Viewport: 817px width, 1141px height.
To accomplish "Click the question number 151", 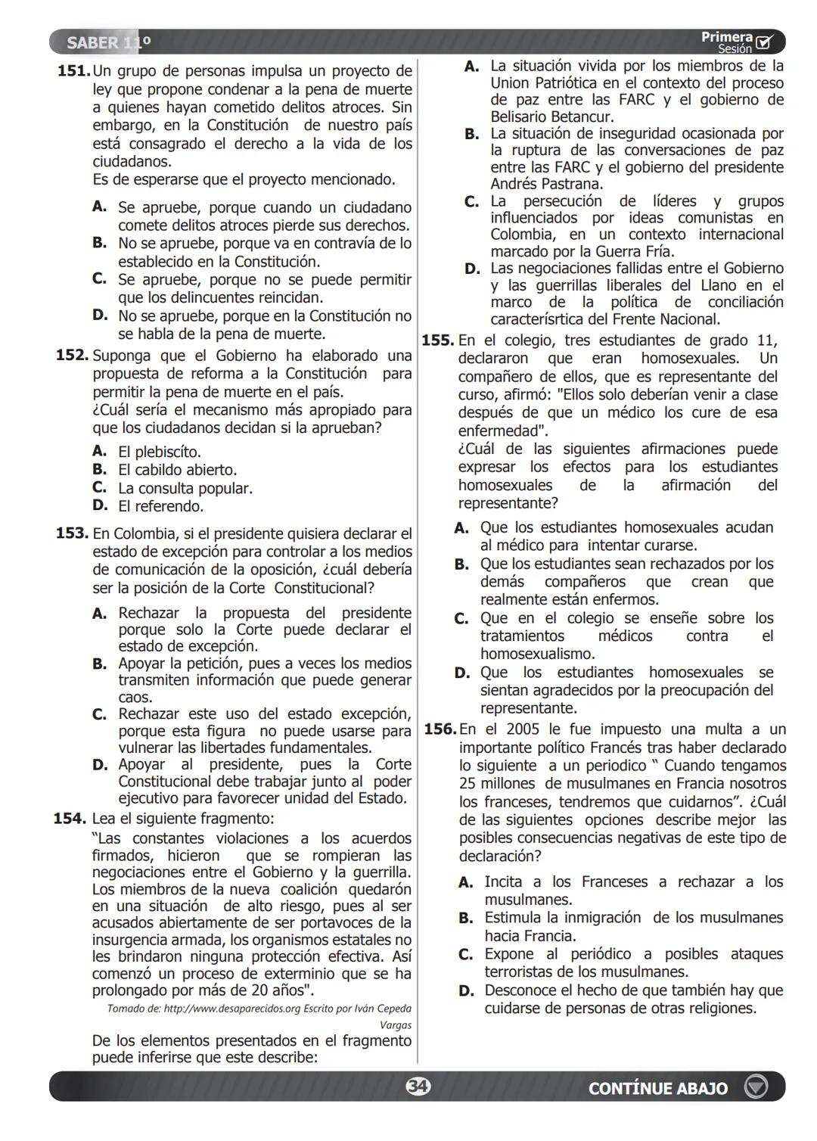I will coord(74,71).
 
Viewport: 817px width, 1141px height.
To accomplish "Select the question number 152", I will coord(73,355).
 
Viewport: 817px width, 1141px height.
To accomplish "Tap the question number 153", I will coord(73,533).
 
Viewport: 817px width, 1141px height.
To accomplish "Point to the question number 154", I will coord(70,818).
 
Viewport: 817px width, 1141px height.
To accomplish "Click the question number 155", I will coord(438,340).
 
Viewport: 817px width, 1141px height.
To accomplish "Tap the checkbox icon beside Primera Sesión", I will coord(765,42).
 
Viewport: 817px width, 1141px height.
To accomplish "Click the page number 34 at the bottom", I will coord(417,1087).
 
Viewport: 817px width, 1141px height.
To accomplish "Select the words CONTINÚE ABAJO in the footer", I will coord(657,1088).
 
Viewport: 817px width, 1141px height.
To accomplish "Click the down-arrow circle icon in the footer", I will coord(755,1087).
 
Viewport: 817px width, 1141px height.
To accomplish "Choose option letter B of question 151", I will coord(100,243).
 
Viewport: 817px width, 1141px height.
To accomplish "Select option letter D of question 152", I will coord(100,505).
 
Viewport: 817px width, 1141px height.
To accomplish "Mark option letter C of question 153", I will coord(100,714).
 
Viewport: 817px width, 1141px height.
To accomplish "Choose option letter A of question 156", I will coord(466,882).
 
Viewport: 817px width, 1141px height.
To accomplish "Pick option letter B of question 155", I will coord(461,564).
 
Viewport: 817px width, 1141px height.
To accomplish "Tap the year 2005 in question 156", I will coord(523,729).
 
